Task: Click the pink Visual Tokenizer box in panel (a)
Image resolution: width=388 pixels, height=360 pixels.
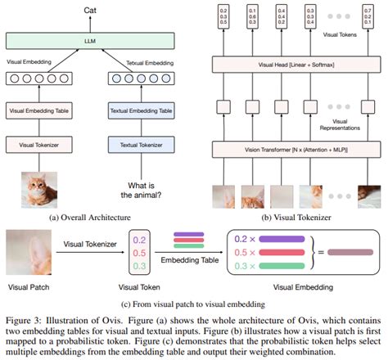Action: (39, 145)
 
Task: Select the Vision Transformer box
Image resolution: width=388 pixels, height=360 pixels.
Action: (288, 150)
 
